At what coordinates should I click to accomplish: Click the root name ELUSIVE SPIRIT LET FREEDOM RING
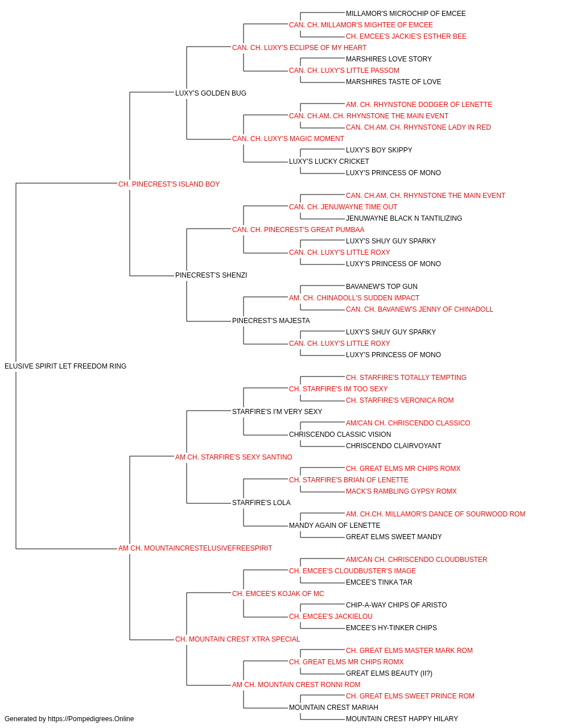click(65, 366)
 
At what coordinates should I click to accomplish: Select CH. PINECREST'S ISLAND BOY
click(169, 184)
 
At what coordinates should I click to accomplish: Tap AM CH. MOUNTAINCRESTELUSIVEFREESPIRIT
click(195, 548)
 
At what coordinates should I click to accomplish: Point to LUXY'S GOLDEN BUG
click(211, 93)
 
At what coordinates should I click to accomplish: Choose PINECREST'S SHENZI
click(211, 275)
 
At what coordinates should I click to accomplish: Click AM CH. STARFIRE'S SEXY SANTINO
click(233, 457)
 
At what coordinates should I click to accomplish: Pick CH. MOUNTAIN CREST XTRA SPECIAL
click(238, 639)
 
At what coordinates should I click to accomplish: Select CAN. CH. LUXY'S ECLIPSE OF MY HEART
click(299, 48)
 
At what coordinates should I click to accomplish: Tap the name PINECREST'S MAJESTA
click(271, 321)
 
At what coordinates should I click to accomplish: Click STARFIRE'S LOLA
click(261, 503)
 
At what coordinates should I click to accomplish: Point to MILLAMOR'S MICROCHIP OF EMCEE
click(406, 14)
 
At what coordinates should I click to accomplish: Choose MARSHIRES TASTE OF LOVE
click(393, 82)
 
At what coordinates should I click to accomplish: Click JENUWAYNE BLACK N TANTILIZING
click(404, 218)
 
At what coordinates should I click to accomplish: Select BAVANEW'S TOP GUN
click(381, 287)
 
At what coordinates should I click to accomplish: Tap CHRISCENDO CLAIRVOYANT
click(393, 446)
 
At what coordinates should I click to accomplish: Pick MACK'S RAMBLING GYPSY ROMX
click(401, 491)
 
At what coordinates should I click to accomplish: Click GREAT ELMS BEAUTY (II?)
click(389, 673)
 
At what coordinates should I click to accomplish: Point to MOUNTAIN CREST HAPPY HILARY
click(402, 719)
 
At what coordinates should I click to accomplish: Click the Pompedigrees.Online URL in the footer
click(91, 719)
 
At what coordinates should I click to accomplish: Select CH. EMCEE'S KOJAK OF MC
click(278, 594)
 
